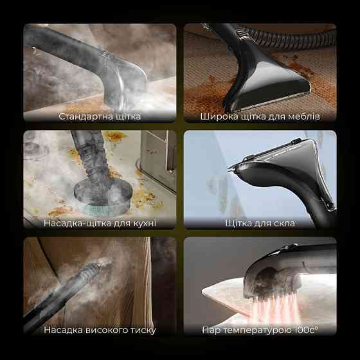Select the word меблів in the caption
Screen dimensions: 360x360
click(x=304, y=116)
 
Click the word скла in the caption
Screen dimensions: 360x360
click(x=283, y=223)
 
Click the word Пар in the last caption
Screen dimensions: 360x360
click(x=211, y=330)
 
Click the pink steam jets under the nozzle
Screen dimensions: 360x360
click(x=276, y=309)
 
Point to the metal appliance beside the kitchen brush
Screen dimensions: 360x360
click(x=158, y=161)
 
